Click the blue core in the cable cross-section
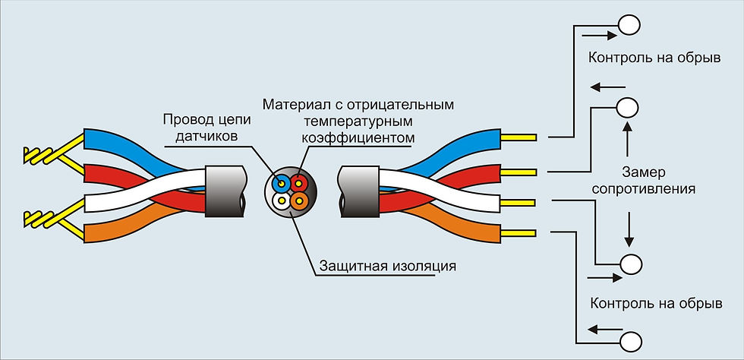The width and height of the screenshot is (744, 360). pyautogui.click(x=282, y=182)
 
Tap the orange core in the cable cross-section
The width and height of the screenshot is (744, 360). pyautogui.click(x=298, y=200)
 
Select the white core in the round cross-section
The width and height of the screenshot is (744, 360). pyautogui.click(x=282, y=200)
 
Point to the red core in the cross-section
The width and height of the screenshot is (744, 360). pyautogui.click(x=298, y=182)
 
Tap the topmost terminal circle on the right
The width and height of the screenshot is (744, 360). pyautogui.click(x=629, y=25)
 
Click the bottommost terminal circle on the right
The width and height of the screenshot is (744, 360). pyautogui.click(x=632, y=341)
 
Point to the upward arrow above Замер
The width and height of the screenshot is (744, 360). pyautogui.click(x=627, y=139)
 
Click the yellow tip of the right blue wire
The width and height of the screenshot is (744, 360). pyautogui.click(x=519, y=137)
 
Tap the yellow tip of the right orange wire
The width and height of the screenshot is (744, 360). pyautogui.click(x=519, y=233)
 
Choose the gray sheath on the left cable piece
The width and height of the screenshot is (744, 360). pyautogui.click(x=225, y=191)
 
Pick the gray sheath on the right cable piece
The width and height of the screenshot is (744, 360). pyautogui.click(x=358, y=191)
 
